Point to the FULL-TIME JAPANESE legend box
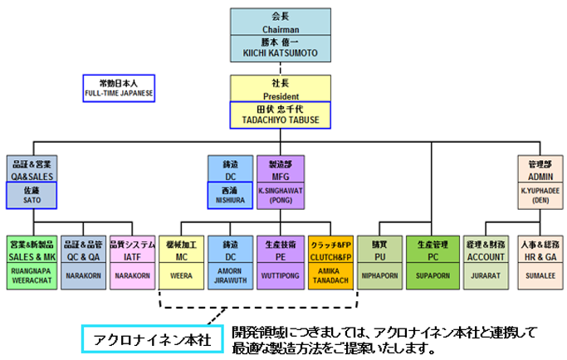click(120, 88)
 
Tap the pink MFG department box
click(281, 169)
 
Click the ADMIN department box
click(540, 169)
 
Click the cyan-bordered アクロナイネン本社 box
click(152, 339)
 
